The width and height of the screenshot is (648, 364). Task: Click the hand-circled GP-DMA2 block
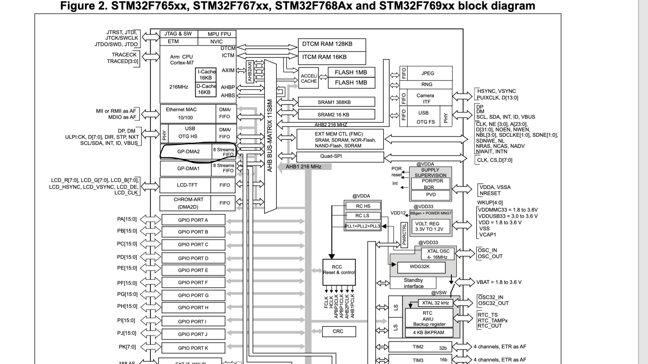(x=189, y=152)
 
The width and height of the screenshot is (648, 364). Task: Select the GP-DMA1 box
(x=188, y=168)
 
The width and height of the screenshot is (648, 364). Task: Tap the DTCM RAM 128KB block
(x=332, y=44)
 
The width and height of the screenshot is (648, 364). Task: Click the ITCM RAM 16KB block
(x=332, y=57)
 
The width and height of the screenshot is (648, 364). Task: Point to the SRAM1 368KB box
(x=336, y=102)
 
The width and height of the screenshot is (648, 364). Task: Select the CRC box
(x=339, y=331)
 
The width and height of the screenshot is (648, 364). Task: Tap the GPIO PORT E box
(x=193, y=270)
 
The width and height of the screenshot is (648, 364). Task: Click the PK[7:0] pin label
(x=128, y=347)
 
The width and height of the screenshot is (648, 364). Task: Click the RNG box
(x=426, y=85)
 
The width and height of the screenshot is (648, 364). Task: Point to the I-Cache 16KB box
(x=206, y=75)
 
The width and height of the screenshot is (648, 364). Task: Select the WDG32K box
(x=421, y=267)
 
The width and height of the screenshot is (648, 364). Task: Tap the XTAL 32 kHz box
(x=435, y=303)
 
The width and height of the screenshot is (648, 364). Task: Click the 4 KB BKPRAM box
(x=429, y=333)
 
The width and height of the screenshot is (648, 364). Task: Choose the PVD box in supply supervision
(x=431, y=195)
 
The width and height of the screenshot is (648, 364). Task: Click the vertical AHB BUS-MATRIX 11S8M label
(x=270, y=136)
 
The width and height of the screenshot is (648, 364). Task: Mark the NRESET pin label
(x=490, y=193)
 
